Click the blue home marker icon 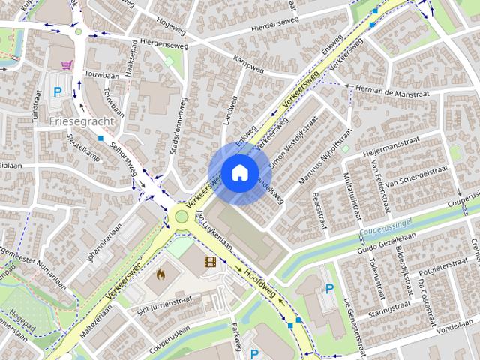coord(239,173)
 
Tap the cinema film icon coord(209,262)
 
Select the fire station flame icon coord(160,274)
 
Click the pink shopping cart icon coord(67,65)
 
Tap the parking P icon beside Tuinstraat coord(57,93)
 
